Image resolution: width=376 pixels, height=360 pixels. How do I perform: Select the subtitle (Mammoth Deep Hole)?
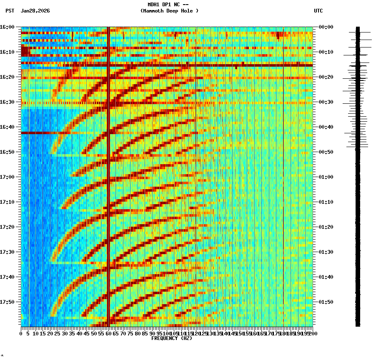[169, 11]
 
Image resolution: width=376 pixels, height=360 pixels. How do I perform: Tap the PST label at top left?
[10, 11]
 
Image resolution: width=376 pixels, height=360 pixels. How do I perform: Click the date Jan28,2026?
[35, 11]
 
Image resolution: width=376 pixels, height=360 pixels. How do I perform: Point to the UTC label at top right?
[318, 11]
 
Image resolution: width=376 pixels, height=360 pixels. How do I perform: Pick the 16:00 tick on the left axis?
[7, 27]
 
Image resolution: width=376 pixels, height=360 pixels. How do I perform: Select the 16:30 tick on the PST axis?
[7, 102]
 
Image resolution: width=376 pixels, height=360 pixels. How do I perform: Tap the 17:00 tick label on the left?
[7, 177]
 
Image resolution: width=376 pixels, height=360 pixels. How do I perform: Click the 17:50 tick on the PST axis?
[7, 302]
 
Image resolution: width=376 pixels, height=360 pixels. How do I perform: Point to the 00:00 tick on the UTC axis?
[326, 27]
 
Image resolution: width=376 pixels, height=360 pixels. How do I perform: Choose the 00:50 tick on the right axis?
[326, 152]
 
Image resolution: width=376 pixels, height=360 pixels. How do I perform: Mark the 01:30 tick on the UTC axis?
[326, 252]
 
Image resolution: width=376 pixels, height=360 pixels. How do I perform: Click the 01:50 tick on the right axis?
[326, 302]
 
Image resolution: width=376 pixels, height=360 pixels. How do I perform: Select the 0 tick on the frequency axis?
[21, 334]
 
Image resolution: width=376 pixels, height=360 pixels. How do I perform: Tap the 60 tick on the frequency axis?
[108, 334]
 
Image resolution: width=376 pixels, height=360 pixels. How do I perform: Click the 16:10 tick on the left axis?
[7, 52]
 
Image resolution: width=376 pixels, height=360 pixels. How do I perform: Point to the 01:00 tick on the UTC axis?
[326, 177]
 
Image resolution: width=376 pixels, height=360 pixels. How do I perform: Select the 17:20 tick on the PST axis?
[7, 227]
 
